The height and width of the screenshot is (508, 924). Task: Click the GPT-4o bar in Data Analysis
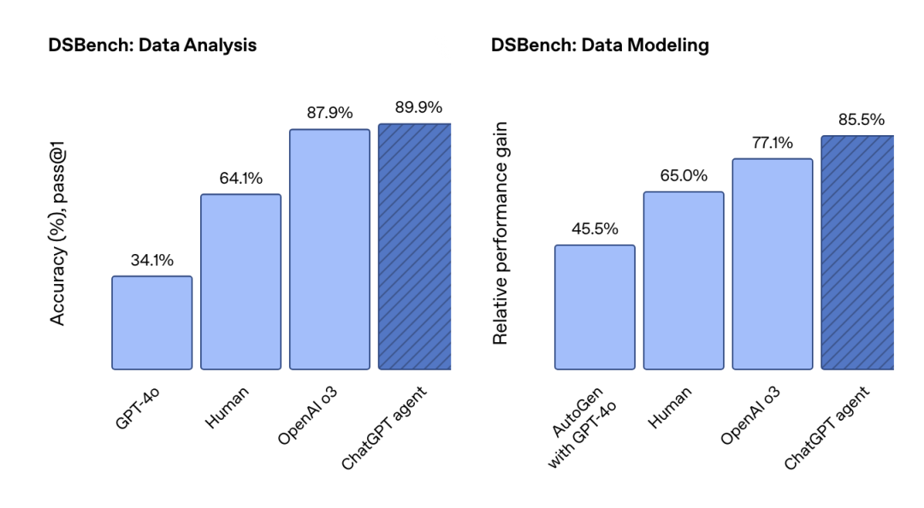(151, 322)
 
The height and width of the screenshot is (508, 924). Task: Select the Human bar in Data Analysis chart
(240, 281)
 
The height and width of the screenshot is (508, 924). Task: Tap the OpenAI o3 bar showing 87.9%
(329, 249)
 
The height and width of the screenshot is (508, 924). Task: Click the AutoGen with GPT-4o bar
(595, 307)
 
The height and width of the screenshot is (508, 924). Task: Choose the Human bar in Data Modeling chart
(684, 281)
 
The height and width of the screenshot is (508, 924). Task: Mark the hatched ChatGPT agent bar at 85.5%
(857, 252)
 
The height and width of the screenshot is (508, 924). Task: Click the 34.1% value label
(152, 261)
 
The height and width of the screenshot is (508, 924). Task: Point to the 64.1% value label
(240, 179)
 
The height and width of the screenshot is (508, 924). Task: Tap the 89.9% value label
(418, 108)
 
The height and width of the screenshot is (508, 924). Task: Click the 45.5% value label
(595, 229)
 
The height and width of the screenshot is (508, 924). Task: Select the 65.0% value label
(684, 176)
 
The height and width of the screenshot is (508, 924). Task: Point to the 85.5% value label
(861, 120)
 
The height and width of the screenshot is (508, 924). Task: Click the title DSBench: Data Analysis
(152, 45)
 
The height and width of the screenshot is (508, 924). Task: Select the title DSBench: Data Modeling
(600, 45)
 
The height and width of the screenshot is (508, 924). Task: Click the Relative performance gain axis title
(501, 233)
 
